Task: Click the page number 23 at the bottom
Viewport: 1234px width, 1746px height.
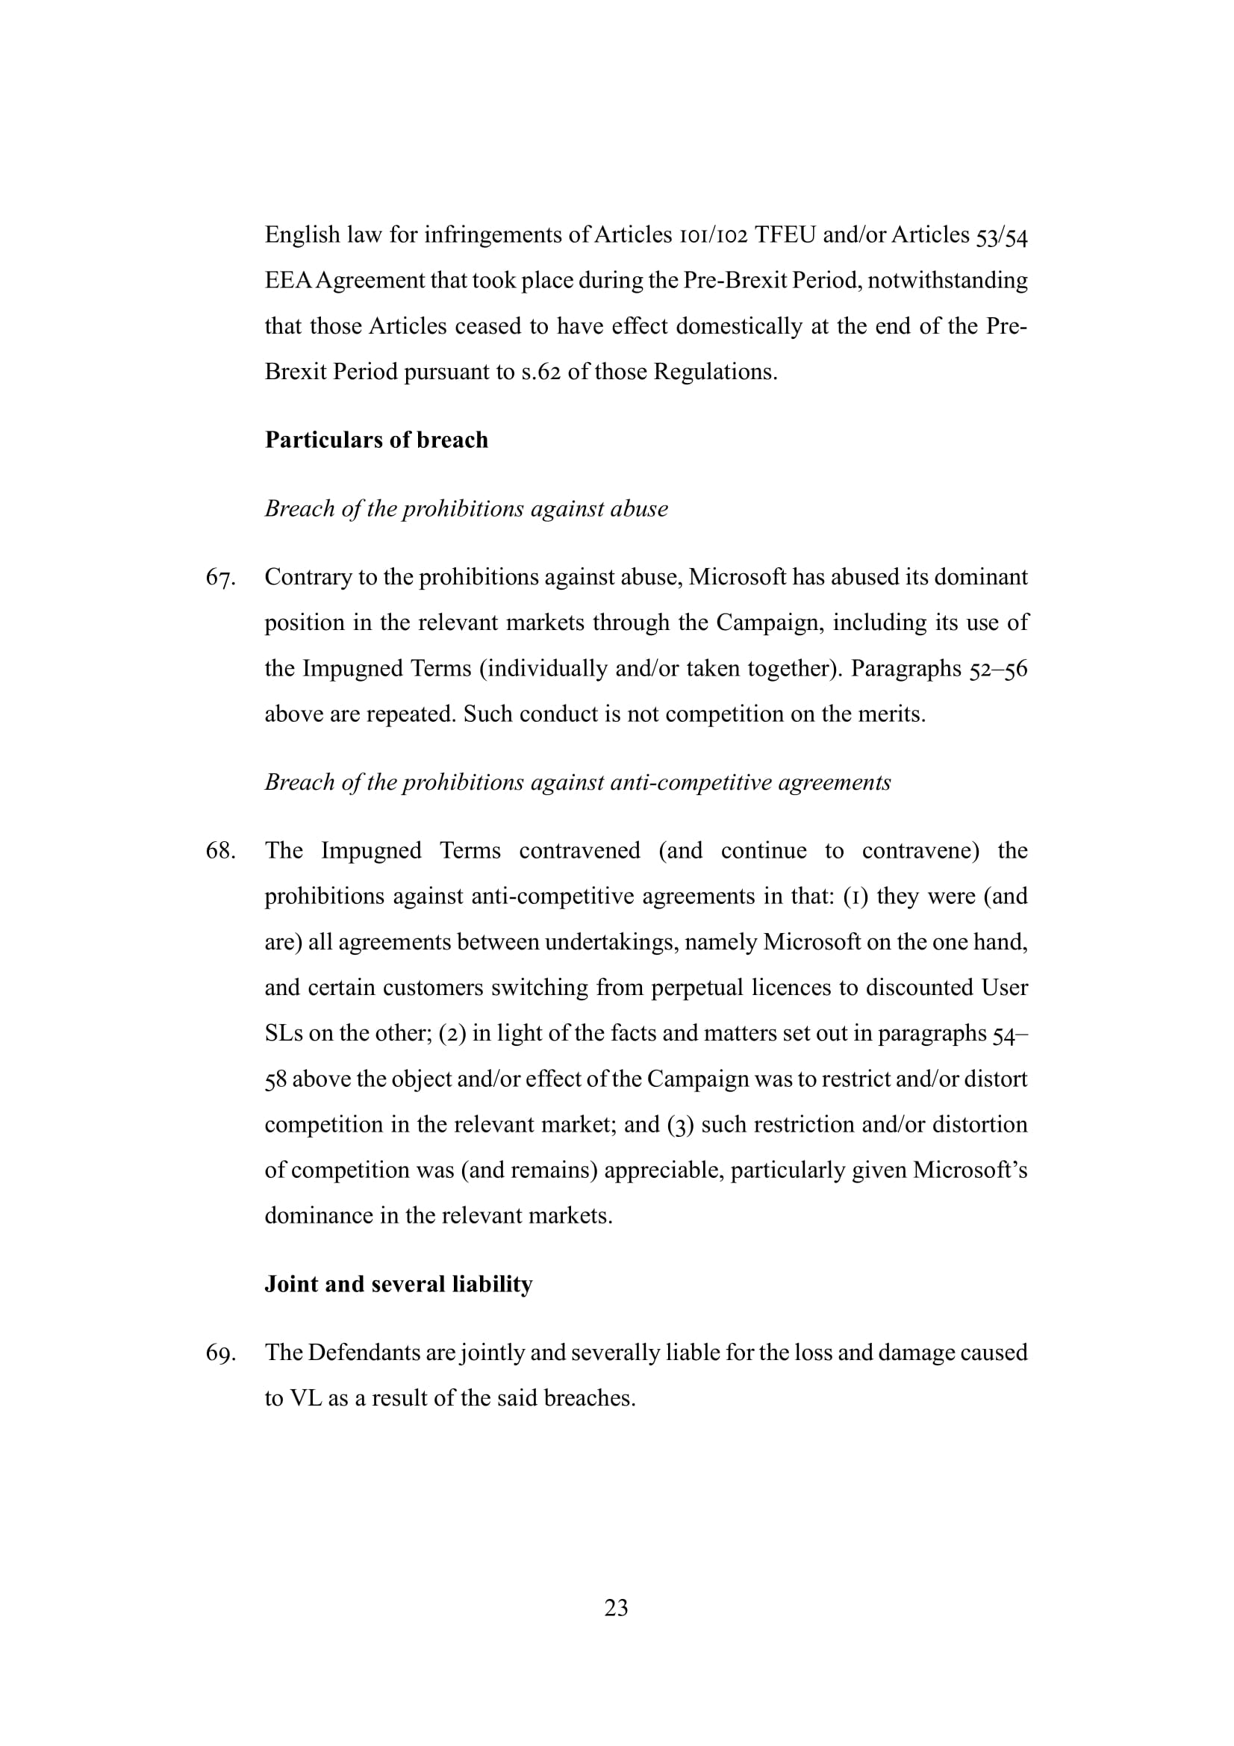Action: point(616,1608)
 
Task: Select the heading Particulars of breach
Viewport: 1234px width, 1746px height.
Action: point(376,440)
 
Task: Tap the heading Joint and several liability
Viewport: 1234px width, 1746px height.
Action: point(399,1284)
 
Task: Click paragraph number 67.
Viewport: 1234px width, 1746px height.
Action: point(219,578)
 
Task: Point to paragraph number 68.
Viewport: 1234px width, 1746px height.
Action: point(219,851)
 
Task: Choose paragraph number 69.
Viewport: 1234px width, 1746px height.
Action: point(219,1353)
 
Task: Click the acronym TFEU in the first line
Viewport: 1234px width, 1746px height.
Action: point(785,235)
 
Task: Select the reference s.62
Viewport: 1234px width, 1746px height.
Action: point(540,372)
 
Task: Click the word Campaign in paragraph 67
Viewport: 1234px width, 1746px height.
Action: point(766,623)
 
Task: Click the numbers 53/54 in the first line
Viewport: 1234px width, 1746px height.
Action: point(1001,237)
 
